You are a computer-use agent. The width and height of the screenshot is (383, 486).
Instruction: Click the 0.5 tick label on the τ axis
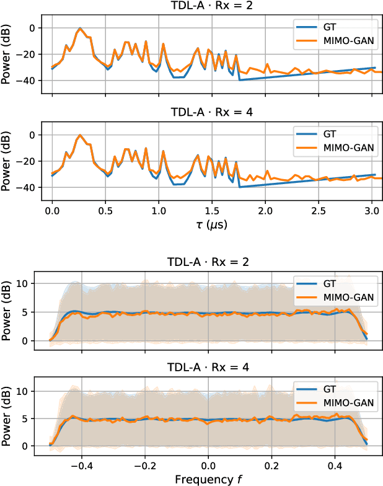(x=105, y=211)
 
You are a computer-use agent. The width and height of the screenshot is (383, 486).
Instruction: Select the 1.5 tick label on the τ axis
(x=212, y=211)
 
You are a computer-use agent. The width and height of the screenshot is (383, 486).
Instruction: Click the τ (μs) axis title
(x=212, y=226)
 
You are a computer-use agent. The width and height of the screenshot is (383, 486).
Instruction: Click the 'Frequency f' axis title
(x=209, y=479)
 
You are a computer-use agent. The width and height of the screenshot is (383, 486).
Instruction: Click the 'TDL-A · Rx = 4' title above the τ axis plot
(x=212, y=112)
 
